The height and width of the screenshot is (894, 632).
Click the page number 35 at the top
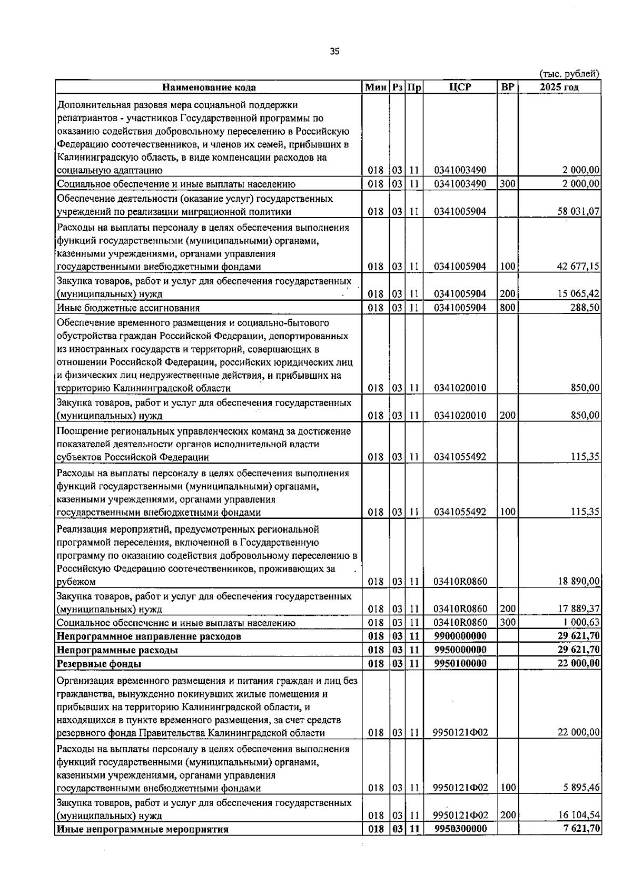tap(334, 51)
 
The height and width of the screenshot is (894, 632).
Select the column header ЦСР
tap(460, 87)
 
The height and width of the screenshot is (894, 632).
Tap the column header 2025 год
tap(559, 87)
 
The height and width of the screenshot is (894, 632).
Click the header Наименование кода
tap(209, 87)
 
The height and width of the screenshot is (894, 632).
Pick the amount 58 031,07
tap(578, 212)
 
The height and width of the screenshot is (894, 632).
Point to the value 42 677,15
tap(578, 267)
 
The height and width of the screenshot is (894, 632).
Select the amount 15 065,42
tap(578, 294)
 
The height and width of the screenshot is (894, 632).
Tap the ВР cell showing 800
tap(507, 308)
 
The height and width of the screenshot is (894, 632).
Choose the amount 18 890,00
tap(578, 582)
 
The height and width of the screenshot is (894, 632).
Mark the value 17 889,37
tap(578, 609)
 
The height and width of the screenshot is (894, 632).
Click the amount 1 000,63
tap(581, 623)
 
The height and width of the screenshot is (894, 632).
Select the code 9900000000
tap(460, 636)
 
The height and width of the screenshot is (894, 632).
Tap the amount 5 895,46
tap(581, 788)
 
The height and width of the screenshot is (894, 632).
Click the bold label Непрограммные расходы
tap(117, 650)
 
